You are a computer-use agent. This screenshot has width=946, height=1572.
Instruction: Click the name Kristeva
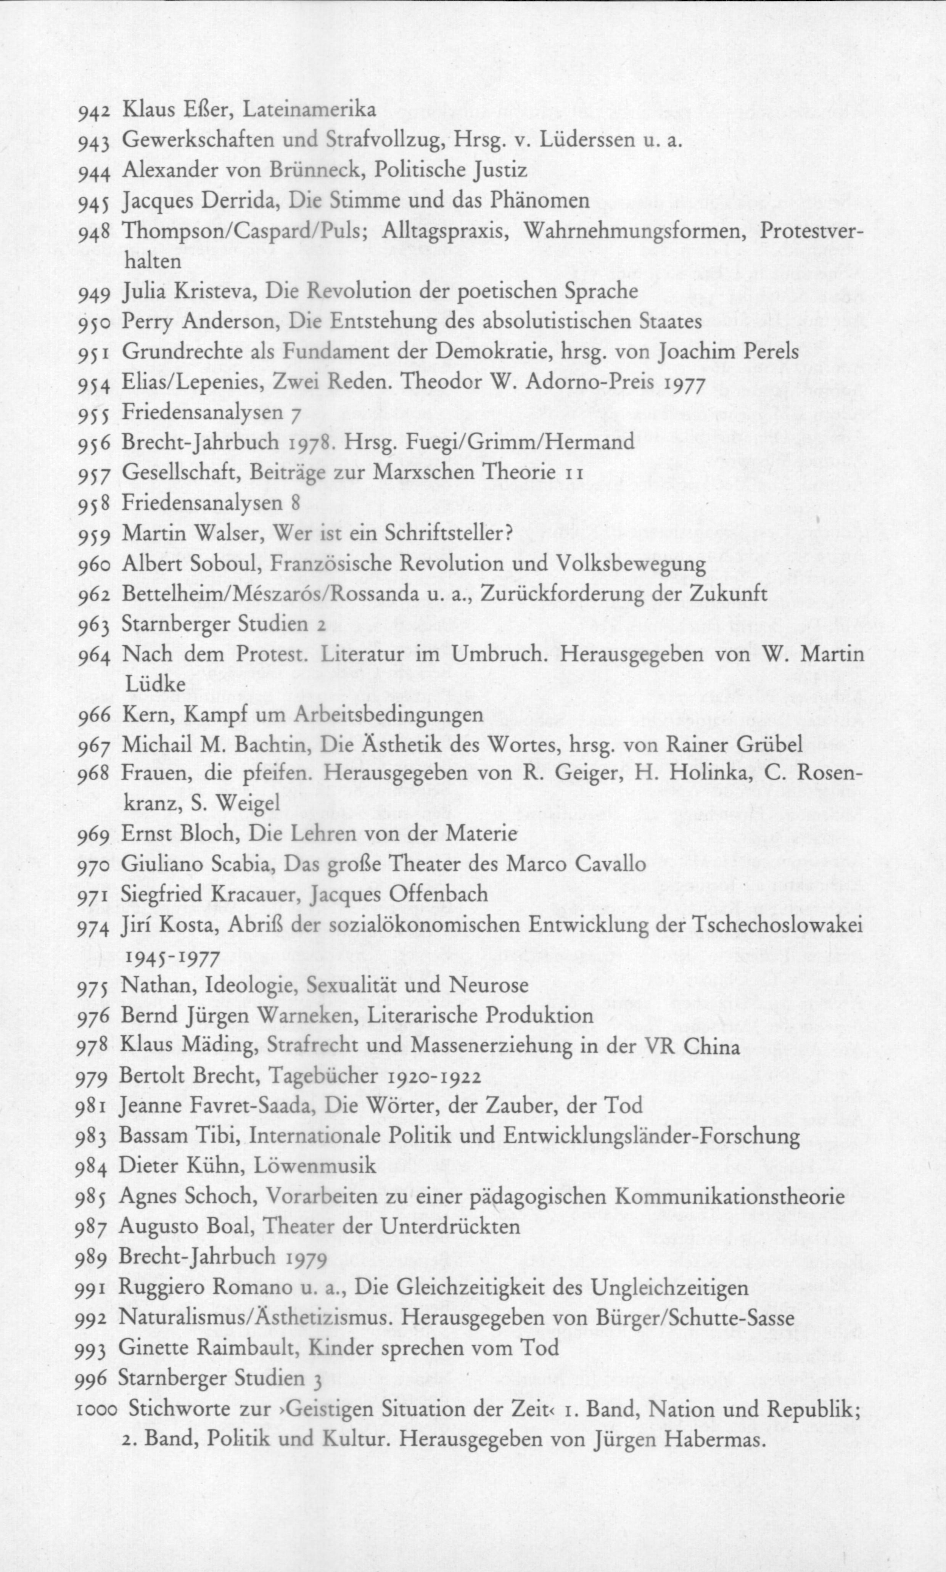[x=216, y=292]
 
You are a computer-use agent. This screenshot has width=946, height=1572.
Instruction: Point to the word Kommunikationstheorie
[x=730, y=1197]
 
